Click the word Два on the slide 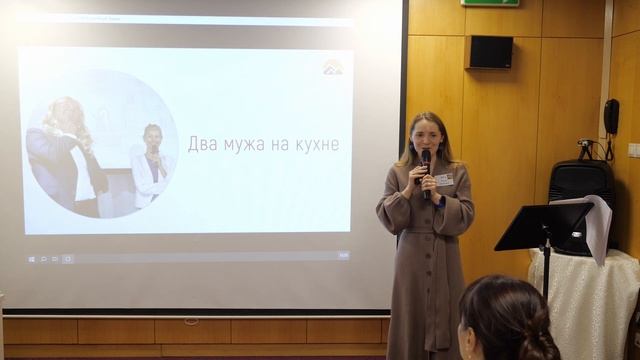click(x=205, y=145)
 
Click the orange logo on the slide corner click(x=333, y=67)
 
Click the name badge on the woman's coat click(x=444, y=179)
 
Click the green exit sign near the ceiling click(x=490, y=3)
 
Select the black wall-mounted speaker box click(x=490, y=52)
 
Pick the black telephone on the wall click(x=611, y=118)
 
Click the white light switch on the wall click(x=634, y=150)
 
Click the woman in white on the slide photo click(x=152, y=165)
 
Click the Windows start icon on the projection click(x=31, y=259)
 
